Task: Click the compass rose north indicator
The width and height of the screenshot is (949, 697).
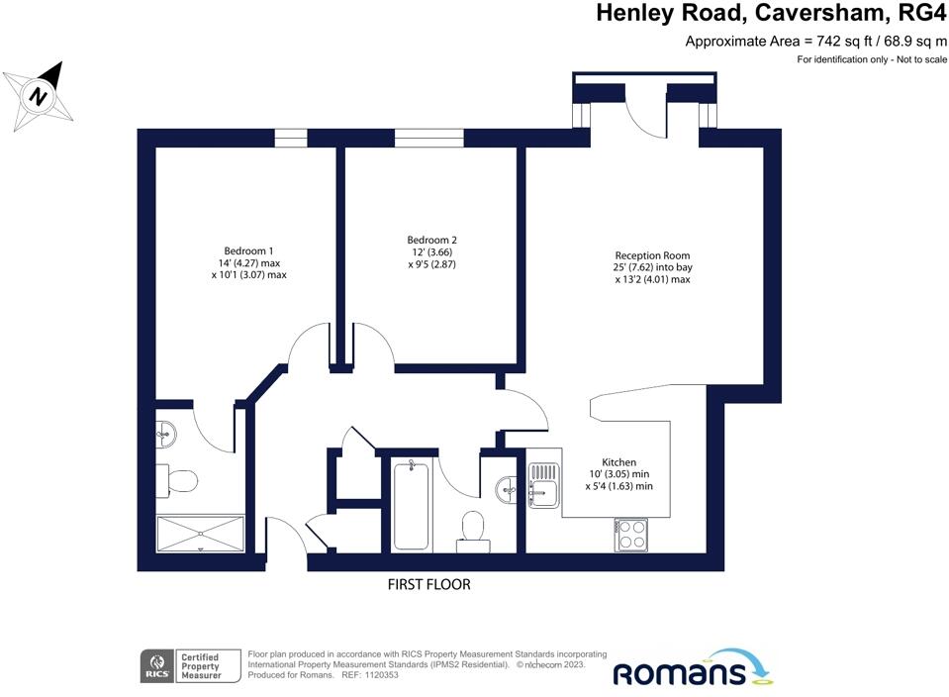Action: click(39, 96)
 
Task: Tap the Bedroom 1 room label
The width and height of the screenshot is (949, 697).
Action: click(248, 250)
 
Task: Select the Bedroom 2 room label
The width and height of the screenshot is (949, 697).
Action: click(431, 240)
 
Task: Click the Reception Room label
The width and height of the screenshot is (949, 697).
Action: click(652, 255)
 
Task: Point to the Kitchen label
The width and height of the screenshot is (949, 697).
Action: click(618, 462)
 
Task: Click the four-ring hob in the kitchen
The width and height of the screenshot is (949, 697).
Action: click(631, 535)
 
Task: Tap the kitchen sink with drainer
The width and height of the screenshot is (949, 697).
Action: click(543, 485)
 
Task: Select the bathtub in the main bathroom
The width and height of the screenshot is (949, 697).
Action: click(412, 505)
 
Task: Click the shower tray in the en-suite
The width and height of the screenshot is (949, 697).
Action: click(200, 534)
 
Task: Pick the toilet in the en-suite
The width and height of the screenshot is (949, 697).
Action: click(177, 481)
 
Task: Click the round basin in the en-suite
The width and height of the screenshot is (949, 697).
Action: click(166, 435)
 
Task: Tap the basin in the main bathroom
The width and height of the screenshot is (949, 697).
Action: click(506, 489)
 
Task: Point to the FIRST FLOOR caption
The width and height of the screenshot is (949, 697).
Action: click(429, 584)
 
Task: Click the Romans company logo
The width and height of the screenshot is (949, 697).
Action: click(693, 668)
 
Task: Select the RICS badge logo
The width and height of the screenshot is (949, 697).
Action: click(157, 666)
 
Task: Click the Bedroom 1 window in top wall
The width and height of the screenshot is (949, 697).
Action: click(291, 138)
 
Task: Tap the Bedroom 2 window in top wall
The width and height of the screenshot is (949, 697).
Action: click(429, 138)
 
